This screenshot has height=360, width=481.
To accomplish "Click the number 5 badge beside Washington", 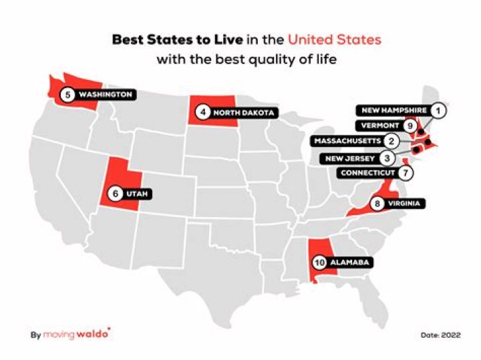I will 67,95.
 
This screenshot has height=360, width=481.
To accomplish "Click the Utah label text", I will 138,194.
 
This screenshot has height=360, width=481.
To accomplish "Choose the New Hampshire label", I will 393,110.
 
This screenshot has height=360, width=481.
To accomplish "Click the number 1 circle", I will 438,110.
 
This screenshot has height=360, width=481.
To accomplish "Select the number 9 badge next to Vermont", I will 412,125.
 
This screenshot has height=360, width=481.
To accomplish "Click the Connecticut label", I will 367,173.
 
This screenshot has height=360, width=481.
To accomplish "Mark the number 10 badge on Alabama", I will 319,262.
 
